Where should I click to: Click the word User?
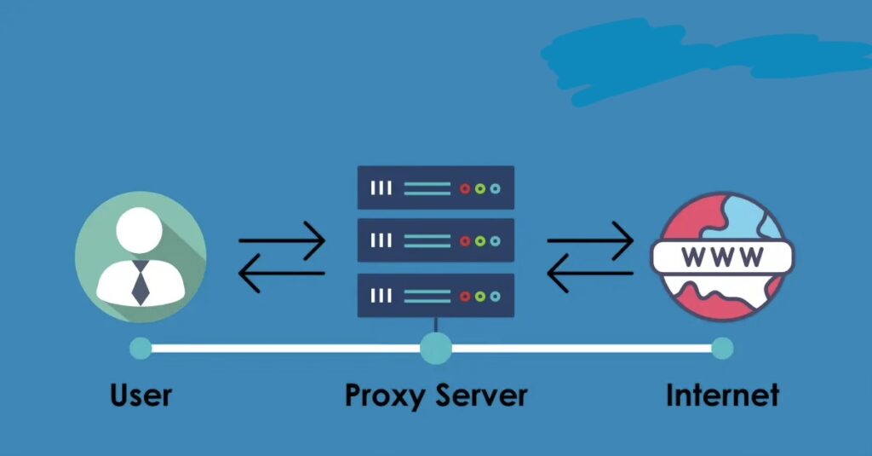141,395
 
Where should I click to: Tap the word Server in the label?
482,395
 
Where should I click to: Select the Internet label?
722,395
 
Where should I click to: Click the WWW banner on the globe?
722,256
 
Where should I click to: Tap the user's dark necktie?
141,283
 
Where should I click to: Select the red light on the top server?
465,188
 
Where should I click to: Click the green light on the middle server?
480,241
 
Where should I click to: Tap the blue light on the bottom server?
496,295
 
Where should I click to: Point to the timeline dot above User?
141,348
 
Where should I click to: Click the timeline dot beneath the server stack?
436,348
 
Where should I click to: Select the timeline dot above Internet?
722,348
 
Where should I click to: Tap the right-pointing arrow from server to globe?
590,240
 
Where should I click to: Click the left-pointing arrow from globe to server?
590,274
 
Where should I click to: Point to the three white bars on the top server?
381,188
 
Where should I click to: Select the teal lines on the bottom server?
427,295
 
